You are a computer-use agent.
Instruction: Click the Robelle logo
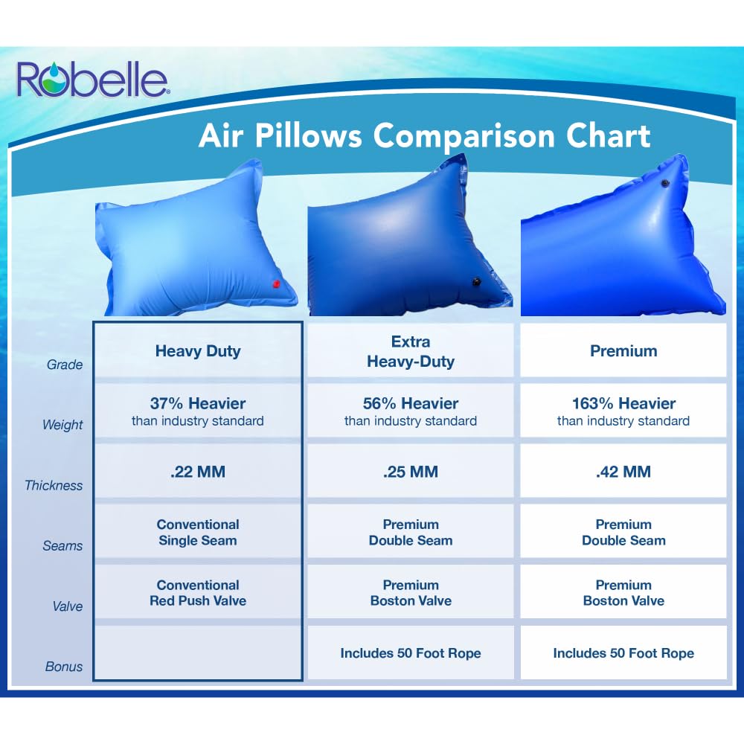coord(93,80)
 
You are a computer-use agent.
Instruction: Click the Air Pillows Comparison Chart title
coord(424,135)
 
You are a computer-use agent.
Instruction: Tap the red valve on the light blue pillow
coord(276,284)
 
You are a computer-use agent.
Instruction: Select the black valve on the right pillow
coord(665,183)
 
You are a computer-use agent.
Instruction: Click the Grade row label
coord(65,365)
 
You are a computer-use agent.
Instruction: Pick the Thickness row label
coord(54,485)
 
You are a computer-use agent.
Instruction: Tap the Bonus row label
coord(64,667)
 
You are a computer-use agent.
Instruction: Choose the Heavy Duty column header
coord(198,351)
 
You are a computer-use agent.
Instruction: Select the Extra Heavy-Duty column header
coord(411,351)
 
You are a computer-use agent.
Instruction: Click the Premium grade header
coord(623,351)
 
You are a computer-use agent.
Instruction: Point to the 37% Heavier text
coord(198,403)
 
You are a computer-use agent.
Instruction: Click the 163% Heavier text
coord(623,403)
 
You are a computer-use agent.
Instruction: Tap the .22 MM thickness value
coord(198,472)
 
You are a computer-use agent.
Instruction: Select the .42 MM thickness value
coord(623,472)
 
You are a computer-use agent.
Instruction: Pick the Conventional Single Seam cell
coord(198,533)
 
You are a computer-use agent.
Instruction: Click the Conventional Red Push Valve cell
coord(198,593)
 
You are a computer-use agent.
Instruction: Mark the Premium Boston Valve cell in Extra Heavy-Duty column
coord(411,593)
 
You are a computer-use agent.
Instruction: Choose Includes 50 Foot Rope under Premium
coord(623,653)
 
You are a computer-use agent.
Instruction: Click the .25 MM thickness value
coord(411,472)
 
